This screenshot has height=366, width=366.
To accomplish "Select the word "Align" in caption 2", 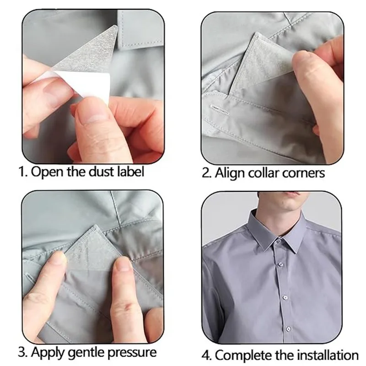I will click(230, 173).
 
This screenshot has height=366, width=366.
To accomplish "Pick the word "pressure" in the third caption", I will click(134, 353).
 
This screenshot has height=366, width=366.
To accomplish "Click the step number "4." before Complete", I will click(207, 355).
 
